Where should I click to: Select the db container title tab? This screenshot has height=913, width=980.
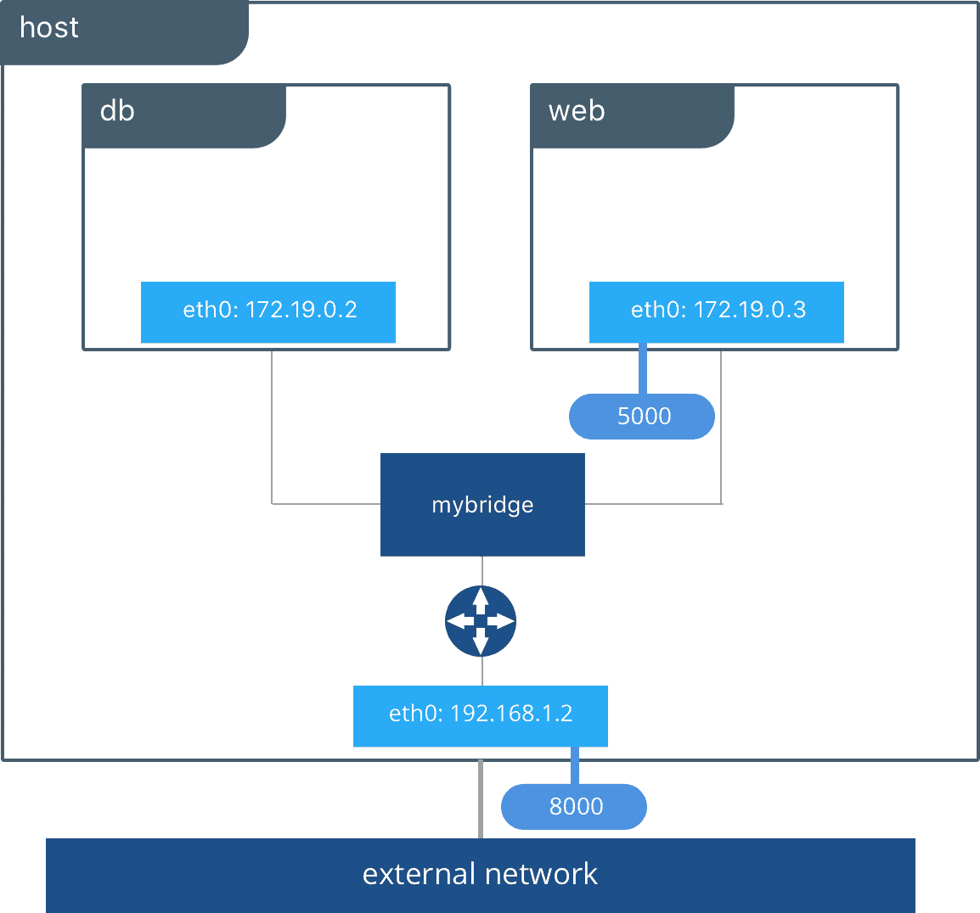click(x=183, y=115)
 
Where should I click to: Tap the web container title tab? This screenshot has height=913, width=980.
click(x=632, y=115)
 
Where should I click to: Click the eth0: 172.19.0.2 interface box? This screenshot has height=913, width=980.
click(x=268, y=311)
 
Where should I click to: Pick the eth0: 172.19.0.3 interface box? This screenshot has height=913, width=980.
click(x=717, y=311)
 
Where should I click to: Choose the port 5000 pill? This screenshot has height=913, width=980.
click(x=642, y=417)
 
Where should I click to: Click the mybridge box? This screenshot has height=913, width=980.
click(x=482, y=505)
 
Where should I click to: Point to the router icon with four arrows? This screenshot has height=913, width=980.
click(x=481, y=621)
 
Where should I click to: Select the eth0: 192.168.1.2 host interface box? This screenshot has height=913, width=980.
click(x=481, y=715)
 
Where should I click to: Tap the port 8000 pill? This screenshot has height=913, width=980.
click(x=574, y=806)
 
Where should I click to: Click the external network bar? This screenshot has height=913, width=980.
click(x=481, y=875)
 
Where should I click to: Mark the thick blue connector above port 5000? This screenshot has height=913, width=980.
click(x=642, y=368)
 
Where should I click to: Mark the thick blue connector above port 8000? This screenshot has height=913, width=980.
click(x=575, y=765)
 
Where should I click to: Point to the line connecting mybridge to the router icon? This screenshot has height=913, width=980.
click(x=482, y=570)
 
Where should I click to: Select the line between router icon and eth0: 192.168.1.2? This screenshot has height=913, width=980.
click(x=482, y=671)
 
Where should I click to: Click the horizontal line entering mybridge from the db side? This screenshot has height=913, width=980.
click(x=326, y=503)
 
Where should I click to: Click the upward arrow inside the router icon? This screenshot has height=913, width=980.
click(x=481, y=599)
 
